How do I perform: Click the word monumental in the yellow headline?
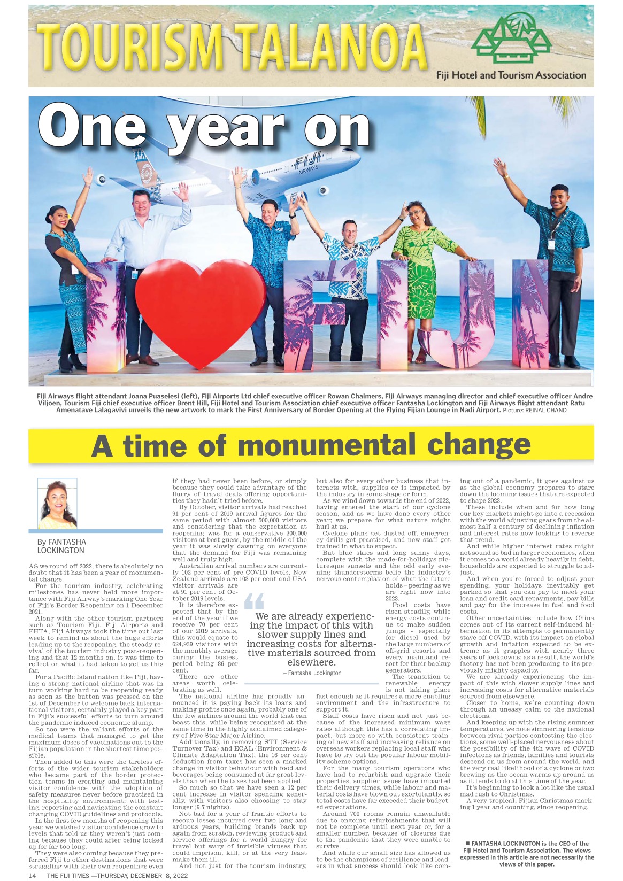tap(326, 445)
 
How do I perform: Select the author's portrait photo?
tap(57, 503)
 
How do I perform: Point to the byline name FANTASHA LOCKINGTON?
tap(61, 546)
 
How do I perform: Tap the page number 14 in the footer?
tap(32, 876)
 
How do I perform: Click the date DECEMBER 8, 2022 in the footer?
tap(161, 876)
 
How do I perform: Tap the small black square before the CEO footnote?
tap(467, 844)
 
